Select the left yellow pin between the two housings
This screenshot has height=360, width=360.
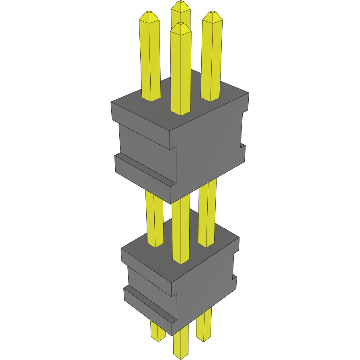[x=155, y=219]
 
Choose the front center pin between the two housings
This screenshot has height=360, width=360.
[x=180, y=229]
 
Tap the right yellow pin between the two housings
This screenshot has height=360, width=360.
[x=208, y=213]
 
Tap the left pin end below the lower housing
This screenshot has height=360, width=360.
[x=157, y=331]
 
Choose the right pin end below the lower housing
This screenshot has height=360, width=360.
[x=204, y=327]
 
